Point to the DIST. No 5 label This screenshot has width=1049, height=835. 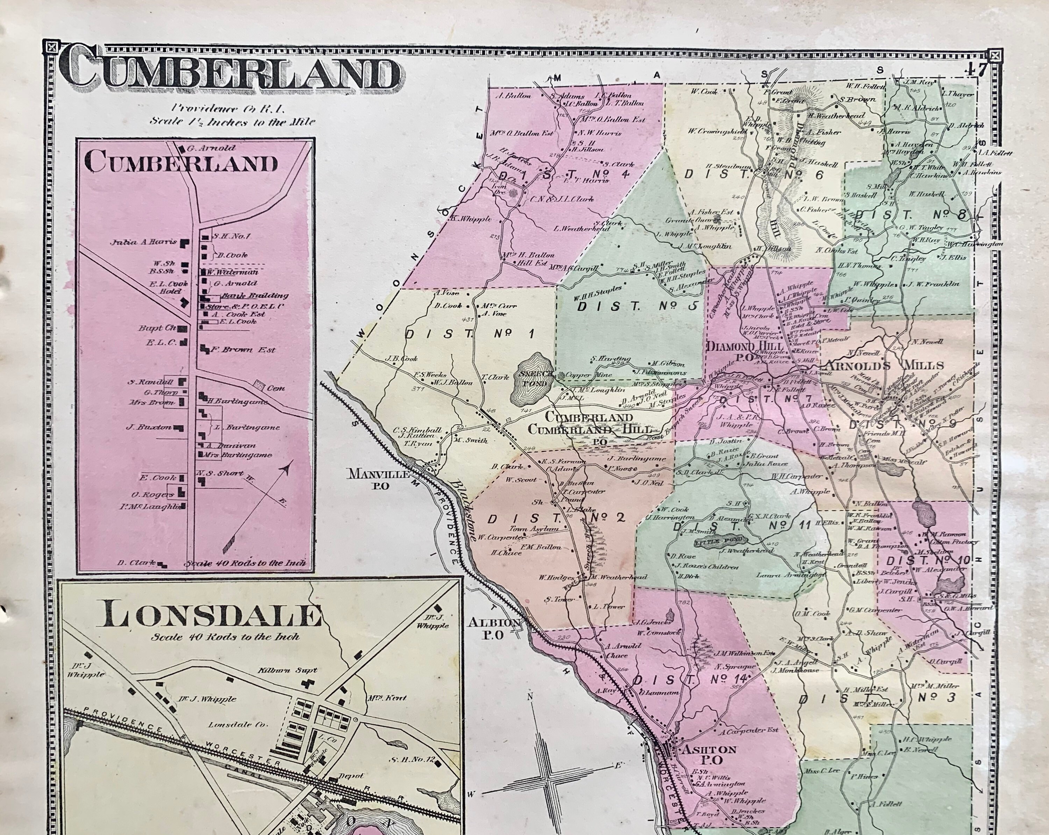point(638,307)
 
